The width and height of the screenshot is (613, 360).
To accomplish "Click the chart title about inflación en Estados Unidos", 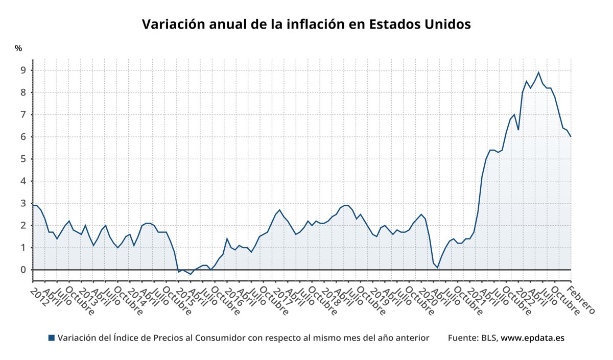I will (x=306, y=25).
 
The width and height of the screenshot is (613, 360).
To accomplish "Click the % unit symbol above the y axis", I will (x=18, y=49).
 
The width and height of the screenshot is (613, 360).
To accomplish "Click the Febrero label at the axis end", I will (x=582, y=300).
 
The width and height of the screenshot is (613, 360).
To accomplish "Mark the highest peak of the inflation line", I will (x=538, y=73).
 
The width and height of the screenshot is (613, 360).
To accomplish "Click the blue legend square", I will (x=51, y=338).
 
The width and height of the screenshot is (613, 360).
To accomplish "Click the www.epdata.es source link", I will (x=532, y=338).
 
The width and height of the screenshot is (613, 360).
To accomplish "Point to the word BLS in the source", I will (x=488, y=338).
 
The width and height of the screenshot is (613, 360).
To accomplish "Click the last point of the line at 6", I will (x=571, y=136).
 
